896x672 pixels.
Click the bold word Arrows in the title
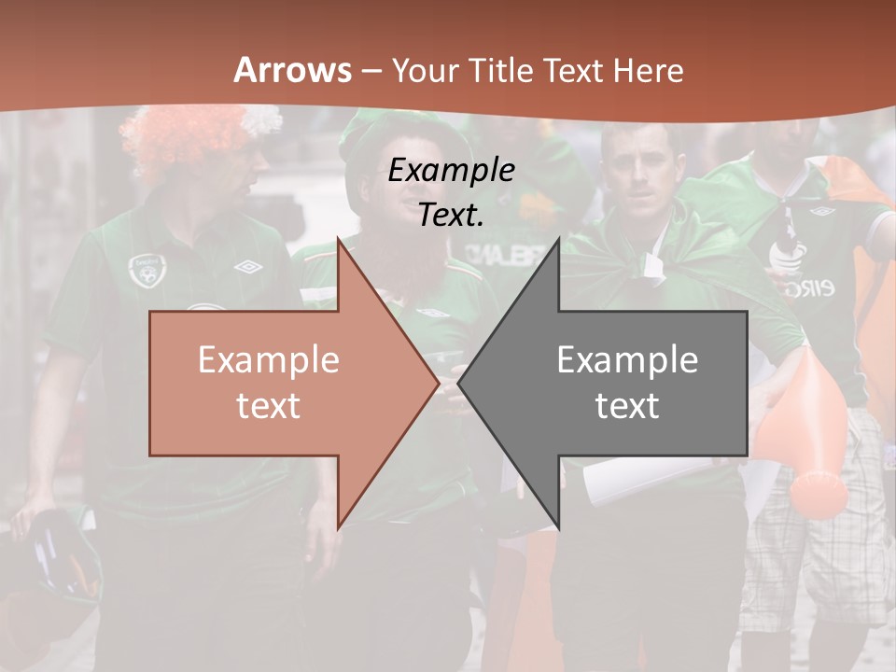click(292, 70)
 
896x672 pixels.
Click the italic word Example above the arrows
click(451, 170)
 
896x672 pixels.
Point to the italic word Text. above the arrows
click(451, 215)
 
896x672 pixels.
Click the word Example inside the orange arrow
click(269, 360)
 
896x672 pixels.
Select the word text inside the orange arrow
click(269, 406)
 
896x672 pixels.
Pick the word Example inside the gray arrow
click(627, 360)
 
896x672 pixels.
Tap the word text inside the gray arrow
click(627, 406)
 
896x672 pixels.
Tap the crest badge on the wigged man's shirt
click(145, 270)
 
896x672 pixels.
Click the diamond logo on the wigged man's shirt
click(248, 268)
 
